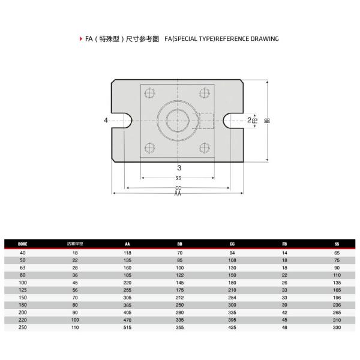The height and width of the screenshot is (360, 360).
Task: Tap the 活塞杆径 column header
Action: [74, 244]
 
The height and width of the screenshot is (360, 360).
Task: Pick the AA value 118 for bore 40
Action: [127, 253]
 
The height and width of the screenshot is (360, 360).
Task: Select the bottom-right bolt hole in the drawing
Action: [203, 148]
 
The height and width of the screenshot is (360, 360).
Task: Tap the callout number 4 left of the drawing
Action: [106, 121]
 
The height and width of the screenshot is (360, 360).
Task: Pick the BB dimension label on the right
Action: [268, 121]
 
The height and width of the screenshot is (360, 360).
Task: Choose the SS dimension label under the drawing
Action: [178, 178]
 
